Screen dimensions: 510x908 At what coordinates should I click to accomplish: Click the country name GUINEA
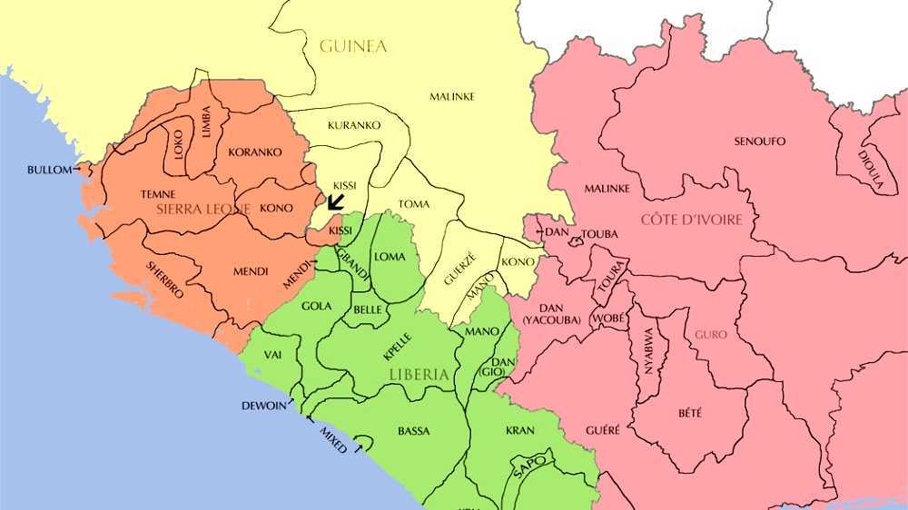tap(353, 45)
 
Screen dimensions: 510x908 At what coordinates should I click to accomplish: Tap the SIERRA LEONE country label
tap(202, 209)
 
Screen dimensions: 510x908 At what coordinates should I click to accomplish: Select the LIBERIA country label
tap(419, 374)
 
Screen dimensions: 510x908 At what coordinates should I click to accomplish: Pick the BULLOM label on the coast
tap(49, 169)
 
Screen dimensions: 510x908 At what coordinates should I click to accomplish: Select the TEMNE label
tap(158, 194)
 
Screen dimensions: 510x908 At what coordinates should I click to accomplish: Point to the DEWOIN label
tap(264, 405)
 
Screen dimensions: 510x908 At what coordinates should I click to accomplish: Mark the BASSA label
tap(414, 430)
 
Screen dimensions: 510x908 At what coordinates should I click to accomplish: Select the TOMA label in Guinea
tap(414, 204)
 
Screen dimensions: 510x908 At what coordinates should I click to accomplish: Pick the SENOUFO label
tap(760, 141)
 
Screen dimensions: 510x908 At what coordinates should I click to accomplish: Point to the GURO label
tap(710, 334)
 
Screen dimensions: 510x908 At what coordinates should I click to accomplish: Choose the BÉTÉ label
tap(690, 412)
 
